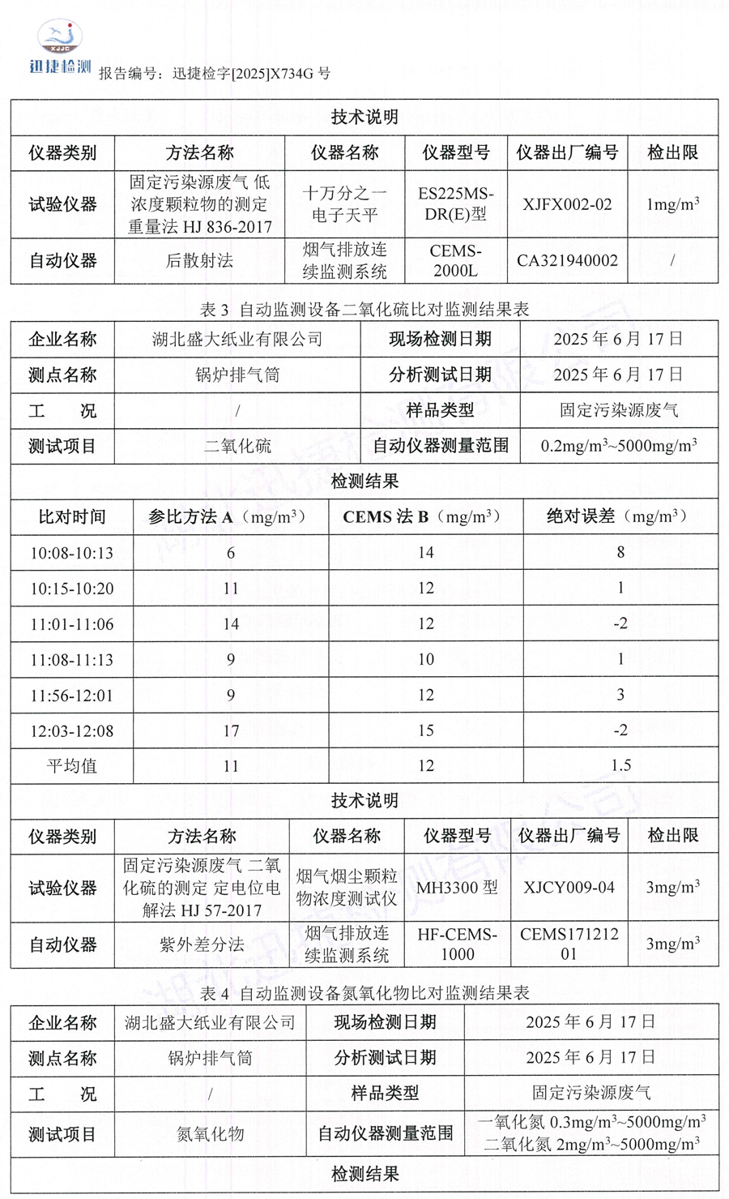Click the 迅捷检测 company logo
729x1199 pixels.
(60, 49)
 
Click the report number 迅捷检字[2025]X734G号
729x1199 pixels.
(251, 74)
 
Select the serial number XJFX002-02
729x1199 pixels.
(567, 204)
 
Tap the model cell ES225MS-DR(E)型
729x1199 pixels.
(455, 204)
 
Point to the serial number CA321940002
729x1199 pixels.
(567, 261)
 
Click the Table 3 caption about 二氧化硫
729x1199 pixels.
(364, 309)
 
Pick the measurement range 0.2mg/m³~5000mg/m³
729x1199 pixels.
(619, 446)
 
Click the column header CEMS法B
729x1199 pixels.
(425, 516)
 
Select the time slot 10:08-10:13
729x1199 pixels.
(72, 553)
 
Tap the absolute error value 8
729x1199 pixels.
(620, 553)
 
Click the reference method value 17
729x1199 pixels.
(231, 730)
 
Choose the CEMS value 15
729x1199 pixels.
(425, 730)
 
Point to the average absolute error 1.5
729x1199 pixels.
(620, 765)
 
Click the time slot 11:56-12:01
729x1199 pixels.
(72, 696)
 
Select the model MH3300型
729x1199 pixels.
(457, 888)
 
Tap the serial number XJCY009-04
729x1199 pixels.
(569, 888)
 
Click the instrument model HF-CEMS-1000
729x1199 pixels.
(457, 944)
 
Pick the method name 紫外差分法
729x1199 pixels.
(202, 944)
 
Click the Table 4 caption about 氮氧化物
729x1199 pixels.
(364, 992)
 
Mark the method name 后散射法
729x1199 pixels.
(199, 261)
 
